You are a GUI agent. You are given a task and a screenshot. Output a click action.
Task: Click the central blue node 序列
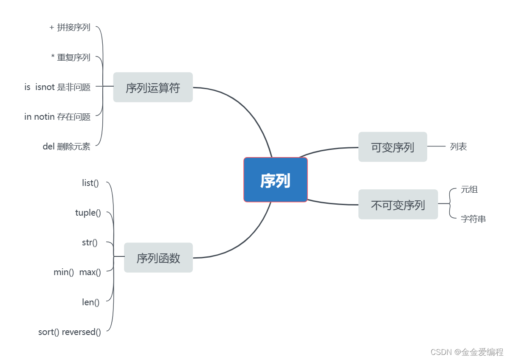pyautogui.click(x=275, y=180)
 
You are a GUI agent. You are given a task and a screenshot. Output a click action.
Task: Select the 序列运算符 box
pyautogui.click(x=153, y=87)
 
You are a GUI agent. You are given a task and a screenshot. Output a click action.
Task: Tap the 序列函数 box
pyautogui.click(x=158, y=258)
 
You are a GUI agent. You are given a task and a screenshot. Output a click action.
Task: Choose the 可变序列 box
pyautogui.click(x=392, y=147)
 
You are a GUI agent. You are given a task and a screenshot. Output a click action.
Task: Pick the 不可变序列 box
pyautogui.click(x=398, y=205)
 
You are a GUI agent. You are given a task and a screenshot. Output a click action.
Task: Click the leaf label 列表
pyautogui.click(x=459, y=147)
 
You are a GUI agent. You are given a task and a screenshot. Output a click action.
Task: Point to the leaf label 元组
pyautogui.click(x=469, y=189)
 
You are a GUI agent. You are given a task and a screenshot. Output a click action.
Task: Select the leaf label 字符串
pyautogui.click(x=473, y=219)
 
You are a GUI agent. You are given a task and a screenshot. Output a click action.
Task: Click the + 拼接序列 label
pyautogui.click(x=70, y=28)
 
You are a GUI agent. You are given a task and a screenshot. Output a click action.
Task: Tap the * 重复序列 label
pyautogui.click(x=71, y=57)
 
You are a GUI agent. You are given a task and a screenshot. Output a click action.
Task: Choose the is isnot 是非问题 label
pyautogui.click(x=57, y=87)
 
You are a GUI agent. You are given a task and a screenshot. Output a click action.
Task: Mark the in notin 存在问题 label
pyautogui.click(x=57, y=117)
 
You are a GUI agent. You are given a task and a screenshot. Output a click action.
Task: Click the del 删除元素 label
pyautogui.click(x=67, y=146)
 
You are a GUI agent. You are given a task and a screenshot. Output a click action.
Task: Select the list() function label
pyautogui.click(x=90, y=183)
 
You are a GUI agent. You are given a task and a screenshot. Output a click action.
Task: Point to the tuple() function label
pyautogui.click(x=88, y=213)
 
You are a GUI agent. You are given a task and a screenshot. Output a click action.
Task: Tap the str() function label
pyautogui.click(x=90, y=242)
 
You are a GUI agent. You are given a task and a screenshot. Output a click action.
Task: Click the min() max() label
pyautogui.click(x=77, y=272)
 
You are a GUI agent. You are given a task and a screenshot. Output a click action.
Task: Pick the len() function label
pyautogui.click(x=91, y=302)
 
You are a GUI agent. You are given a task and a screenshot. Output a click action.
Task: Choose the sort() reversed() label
pyautogui.click(x=70, y=332)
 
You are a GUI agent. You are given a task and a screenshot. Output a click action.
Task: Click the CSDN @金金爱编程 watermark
pyautogui.click(x=467, y=352)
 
